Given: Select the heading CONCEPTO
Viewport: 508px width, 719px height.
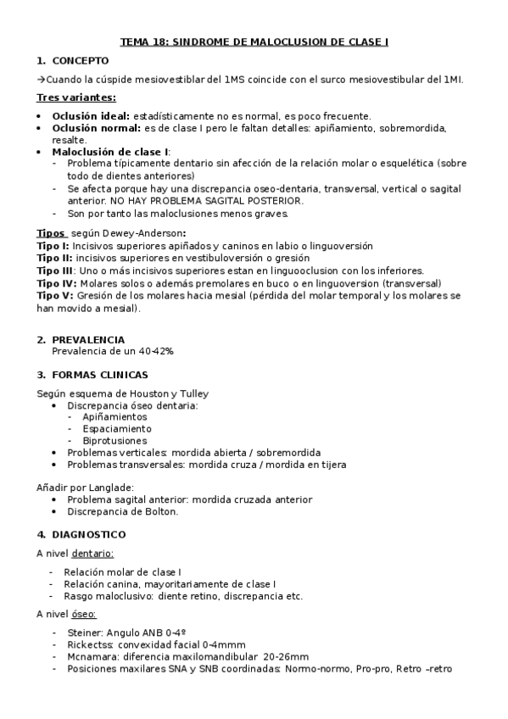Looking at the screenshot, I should click(81, 61).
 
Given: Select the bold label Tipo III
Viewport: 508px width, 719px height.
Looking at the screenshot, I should click(54, 270).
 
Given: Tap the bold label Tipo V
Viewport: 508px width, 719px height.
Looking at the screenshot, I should click(52, 295).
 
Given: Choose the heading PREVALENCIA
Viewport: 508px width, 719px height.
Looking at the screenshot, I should click(87, 340).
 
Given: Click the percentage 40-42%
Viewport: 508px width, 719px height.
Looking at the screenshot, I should click(154, 351).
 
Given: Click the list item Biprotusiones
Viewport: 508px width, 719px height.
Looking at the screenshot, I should click(114, 441).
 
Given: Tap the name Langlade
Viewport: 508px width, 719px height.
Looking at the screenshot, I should click(106, 488).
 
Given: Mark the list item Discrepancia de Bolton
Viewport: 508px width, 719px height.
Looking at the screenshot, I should click(123, 511).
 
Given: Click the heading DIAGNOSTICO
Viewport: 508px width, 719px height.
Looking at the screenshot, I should click(88, 535).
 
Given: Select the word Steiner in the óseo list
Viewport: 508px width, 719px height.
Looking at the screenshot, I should click(82, 633).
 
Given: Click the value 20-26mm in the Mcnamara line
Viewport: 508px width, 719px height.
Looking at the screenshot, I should click(286, 656).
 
